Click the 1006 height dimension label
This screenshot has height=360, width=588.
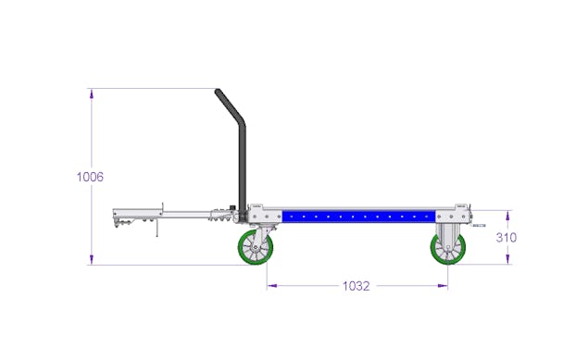coord(90,177)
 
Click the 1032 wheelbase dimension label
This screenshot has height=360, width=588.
coord(357,286)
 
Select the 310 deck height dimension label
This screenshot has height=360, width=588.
coord(507,237)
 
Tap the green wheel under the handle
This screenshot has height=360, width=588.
coord(256,248)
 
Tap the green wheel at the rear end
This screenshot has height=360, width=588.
coord(448,249)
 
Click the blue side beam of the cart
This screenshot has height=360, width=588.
coord(359,217)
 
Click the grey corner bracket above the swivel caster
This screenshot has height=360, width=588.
coord(265,215)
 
